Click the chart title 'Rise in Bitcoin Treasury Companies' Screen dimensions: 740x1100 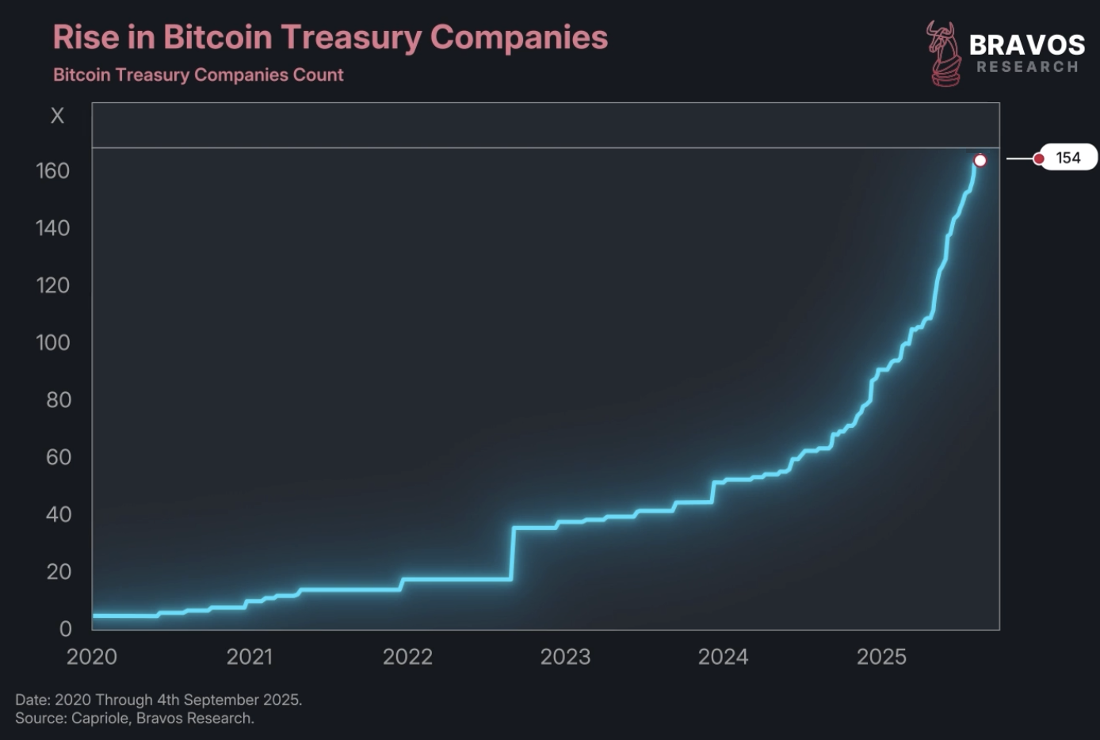pos(330,37)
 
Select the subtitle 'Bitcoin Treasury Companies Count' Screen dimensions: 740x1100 pos(198,75)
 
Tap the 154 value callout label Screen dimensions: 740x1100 pos(1068,158)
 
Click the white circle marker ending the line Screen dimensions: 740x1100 pos(980,161)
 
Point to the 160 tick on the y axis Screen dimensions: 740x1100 pos(53,171)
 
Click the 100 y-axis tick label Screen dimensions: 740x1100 pos(53,343)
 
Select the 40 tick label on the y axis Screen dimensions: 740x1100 pos(59,515)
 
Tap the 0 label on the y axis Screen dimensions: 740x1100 pos(66,629)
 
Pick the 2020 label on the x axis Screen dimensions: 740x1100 pos(92,657)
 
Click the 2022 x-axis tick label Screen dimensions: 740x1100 pos(407,657)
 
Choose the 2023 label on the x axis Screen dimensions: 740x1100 pos(565,657)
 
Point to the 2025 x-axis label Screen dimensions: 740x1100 pos(881,657)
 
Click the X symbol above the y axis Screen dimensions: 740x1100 pos(57,116)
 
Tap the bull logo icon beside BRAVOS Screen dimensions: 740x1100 pos(943,53)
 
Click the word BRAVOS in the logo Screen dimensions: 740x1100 pos(1027,44)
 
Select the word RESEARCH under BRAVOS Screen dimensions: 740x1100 pos(1027,67)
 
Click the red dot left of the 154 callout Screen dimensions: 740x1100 pos(1039,158)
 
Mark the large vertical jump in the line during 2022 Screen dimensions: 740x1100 pos(513,553)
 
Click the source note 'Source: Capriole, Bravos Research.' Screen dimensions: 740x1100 pos(135,719)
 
